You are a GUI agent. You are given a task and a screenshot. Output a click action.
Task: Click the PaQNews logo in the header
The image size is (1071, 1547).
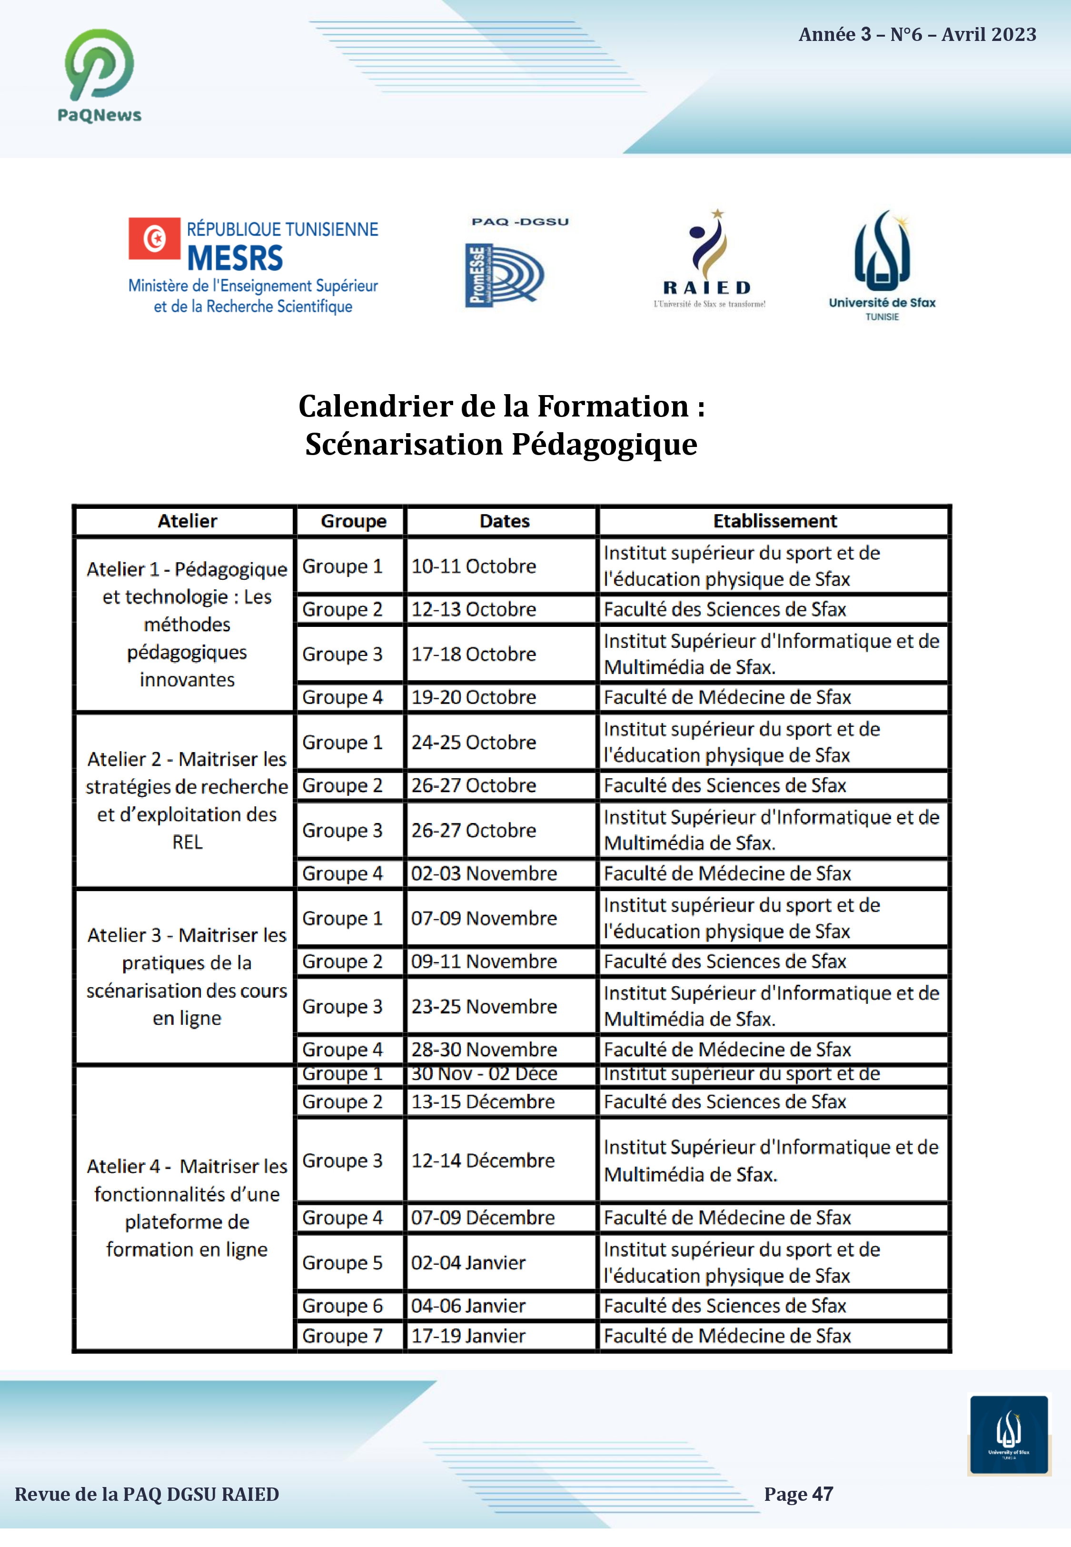[100, 75]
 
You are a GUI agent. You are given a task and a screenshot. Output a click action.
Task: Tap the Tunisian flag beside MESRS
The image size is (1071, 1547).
[154, 238]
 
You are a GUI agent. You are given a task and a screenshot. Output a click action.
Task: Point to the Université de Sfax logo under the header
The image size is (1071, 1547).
[882, 265]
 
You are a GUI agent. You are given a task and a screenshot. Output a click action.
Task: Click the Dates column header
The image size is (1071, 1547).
[504, 521]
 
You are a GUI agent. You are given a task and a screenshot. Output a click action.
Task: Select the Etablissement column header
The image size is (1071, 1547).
[774, 521]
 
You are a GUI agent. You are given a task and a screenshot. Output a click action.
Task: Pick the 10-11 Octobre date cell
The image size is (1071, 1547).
[474, 566]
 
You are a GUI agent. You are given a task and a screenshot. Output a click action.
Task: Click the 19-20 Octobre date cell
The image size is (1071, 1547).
[474, 697]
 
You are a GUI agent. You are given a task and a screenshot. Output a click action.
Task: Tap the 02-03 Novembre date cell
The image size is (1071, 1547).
[484, 873]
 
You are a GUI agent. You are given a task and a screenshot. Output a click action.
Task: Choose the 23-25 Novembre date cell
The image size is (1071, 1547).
[484, 1006]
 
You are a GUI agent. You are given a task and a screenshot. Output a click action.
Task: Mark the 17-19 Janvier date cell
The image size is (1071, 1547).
[468, 1336]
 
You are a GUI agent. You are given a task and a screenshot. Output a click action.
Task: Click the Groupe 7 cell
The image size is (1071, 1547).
[342, 1336]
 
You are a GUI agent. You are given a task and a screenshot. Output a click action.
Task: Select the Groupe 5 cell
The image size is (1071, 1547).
[342, 1262]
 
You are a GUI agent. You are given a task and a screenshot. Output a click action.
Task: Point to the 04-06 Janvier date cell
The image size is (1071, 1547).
[468, 1306]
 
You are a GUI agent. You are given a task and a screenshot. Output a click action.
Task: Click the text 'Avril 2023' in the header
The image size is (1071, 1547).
[989, 35]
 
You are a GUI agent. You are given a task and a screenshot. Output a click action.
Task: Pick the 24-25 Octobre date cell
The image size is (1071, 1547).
[474, 743]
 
